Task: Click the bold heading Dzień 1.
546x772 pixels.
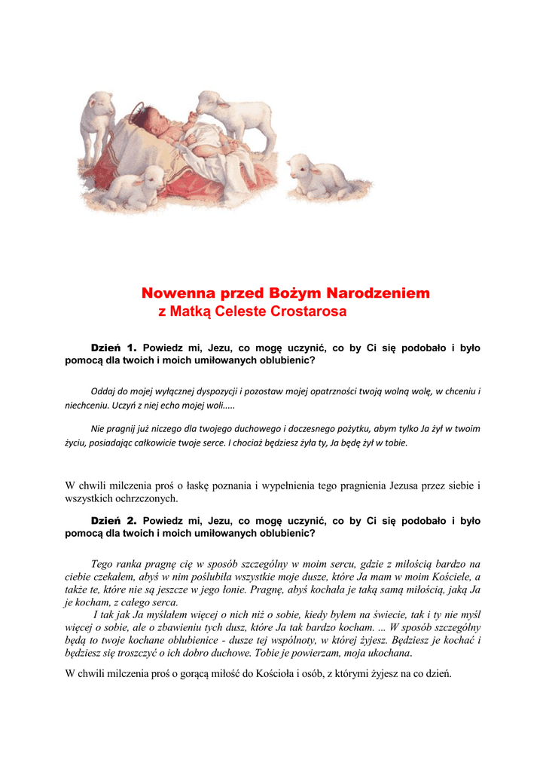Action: pyautogui.click(x=113, y=348)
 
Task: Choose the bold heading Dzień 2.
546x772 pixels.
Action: pyautogui.click(x=113, y=520)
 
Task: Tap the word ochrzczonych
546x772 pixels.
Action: pyautogui.click(x=146, y=498)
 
